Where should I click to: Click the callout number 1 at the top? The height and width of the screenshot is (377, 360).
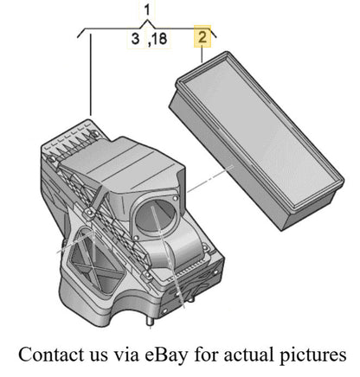[147, 10]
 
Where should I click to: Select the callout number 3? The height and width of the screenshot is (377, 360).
[135, 39]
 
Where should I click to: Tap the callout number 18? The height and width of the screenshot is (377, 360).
[158, 39]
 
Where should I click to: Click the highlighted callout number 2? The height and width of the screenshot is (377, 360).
[202, 37]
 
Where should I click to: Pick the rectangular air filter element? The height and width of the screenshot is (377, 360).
[256, 140]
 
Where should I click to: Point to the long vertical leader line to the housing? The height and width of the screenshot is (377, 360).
[91, 74]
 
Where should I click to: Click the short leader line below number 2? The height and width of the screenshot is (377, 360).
[202, 54]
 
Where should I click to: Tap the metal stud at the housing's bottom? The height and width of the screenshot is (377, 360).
[150, 321]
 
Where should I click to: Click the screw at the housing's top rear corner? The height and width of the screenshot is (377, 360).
[93, 132]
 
